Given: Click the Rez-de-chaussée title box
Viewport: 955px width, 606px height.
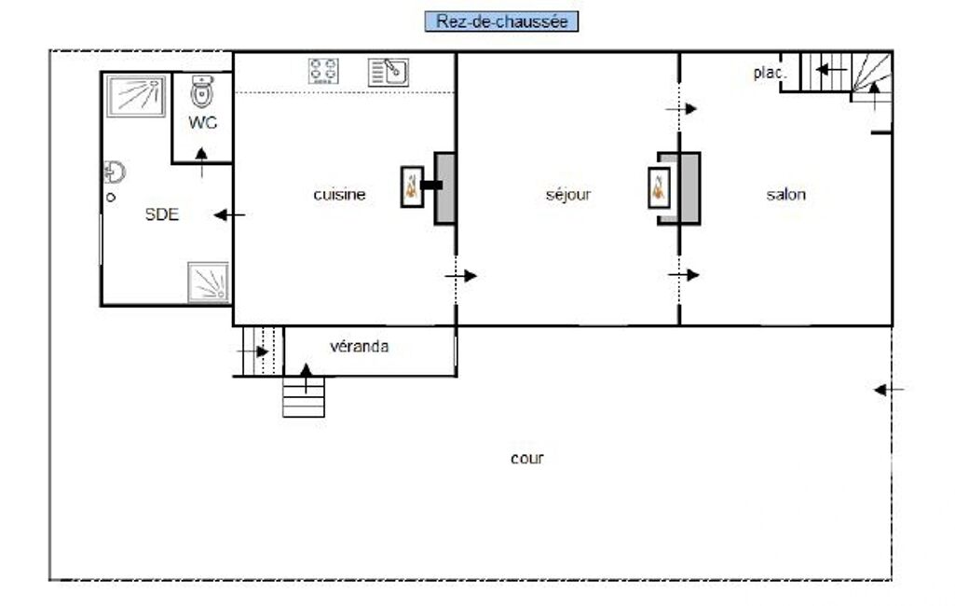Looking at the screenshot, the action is pyautogui.click(x=501, y=21).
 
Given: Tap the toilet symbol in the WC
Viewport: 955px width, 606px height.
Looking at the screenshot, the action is pyautogui.click(x=201, y=91).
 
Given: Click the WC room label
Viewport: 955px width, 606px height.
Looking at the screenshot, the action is pyautogui.click(x=203, y=122).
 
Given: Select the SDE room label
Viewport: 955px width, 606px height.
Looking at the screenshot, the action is pyautogui.click(x=162, y=214).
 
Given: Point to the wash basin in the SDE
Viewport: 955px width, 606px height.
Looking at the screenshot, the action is pyautogui.click(x=115, y=172).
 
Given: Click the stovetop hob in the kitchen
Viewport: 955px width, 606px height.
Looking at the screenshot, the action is pyautogui.click(x=323, y=72).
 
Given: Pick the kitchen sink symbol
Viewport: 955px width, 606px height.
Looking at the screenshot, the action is pyautogui.click(x=388, y=73).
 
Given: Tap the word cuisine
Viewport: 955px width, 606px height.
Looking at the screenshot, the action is pyautogui.click(x=339, y=195).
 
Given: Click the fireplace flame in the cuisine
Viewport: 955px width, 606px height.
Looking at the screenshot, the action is pyautogui.click(x=412, y=186).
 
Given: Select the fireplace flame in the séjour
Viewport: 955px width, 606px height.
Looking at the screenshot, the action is pyautogui.click(x=659, y=187).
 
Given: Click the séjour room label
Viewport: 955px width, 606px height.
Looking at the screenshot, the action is pyautogui.click(x=568, y=195).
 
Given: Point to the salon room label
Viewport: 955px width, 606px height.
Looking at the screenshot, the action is pyautogui.click(x=785, y=195).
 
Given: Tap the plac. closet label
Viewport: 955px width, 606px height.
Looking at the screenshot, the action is pyautogui.click(x=770, y=73).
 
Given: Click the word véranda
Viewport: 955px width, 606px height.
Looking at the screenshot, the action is pyautogui.click(x=360, y=346).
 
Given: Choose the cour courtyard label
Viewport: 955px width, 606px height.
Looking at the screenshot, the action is pyautogui.click(x=527, y=459).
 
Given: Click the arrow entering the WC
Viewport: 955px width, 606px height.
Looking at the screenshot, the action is pyautogui.click(x=201, y=162).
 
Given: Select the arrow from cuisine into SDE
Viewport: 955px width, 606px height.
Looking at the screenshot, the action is pyautogui.click(x=229, y=214).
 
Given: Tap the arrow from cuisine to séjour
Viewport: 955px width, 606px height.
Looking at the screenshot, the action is pyautogui.click(x=460, y=276).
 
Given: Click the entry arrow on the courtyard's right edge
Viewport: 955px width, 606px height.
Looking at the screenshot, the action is pyautogui.click(x=889, y=390).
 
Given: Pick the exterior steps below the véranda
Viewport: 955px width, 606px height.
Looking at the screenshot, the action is pyautogui.click(x=304, y=397).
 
